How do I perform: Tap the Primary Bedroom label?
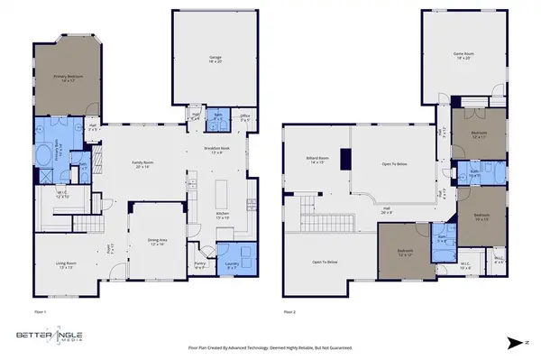pos(69,78)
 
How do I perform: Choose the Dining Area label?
pos(157,242)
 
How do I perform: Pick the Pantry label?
pos(201,266)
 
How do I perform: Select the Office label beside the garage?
pos(244,117)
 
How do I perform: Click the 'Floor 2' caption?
pos(289,311)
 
